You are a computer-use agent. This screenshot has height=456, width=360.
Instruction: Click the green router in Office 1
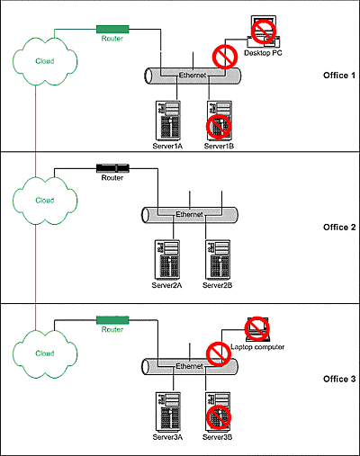coord(112,30)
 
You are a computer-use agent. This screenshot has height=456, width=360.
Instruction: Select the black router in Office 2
coord(112,168)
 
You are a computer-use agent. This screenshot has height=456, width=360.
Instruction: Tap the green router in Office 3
coord(112,320)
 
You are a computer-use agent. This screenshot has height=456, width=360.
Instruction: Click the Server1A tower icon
coord(168,121)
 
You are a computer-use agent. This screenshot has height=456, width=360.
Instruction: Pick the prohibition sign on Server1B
coord(219,127)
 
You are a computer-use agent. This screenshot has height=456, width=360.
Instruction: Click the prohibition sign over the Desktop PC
coord(264,31)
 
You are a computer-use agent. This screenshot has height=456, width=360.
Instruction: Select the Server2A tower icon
coord(167,260)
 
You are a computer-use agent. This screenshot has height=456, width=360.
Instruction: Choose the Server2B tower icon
coord(218,260)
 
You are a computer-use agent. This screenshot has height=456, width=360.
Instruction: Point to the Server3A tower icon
coord(168,412)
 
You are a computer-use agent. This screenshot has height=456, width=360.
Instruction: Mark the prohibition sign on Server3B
coord(219,417)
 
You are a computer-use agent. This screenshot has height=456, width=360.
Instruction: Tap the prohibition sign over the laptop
coord(256,329)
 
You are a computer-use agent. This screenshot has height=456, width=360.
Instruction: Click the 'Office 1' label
coord(339,76)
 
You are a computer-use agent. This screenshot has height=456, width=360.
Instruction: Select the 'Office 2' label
coord(339,228)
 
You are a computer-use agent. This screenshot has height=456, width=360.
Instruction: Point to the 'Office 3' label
coord(339,379)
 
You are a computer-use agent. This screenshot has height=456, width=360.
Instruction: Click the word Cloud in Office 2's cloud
coord(45,201)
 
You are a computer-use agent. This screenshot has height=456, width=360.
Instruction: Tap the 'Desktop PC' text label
coord(263,53)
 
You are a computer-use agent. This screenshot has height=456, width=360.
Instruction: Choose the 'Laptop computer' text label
coord(257,347)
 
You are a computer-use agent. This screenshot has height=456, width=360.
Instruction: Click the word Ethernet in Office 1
coord(193,76)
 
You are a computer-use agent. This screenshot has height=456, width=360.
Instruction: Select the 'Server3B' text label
coord(217,437)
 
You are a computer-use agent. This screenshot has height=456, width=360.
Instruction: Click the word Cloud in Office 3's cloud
coord(45,353)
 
